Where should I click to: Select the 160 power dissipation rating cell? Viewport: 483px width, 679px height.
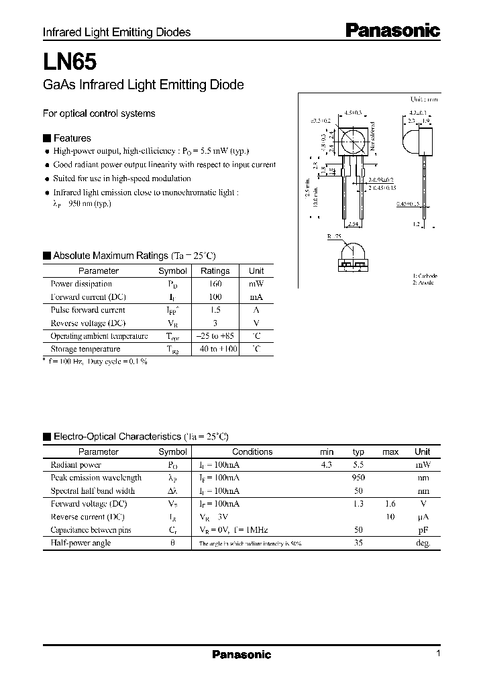215,284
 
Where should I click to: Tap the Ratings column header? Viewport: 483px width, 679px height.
215,271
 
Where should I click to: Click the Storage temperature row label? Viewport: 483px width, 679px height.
85,349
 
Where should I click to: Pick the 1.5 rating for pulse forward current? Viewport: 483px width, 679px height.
215,310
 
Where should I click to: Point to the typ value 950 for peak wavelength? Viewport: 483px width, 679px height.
358,478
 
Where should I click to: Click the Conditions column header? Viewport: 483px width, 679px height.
252,452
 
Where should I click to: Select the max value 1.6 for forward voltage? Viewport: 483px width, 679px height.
390,504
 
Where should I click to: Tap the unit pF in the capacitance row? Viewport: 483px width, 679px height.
422,530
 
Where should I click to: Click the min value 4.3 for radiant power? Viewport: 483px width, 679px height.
327,465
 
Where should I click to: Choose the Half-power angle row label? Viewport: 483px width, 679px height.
80,543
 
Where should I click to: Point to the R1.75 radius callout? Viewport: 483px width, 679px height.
335,237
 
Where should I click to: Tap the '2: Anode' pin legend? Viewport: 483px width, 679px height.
423,282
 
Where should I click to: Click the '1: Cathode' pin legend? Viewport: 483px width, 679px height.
425,276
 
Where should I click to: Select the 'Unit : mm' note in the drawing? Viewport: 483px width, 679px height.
423,98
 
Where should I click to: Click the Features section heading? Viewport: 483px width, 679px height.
72,138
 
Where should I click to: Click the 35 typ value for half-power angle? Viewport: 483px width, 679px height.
359,543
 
